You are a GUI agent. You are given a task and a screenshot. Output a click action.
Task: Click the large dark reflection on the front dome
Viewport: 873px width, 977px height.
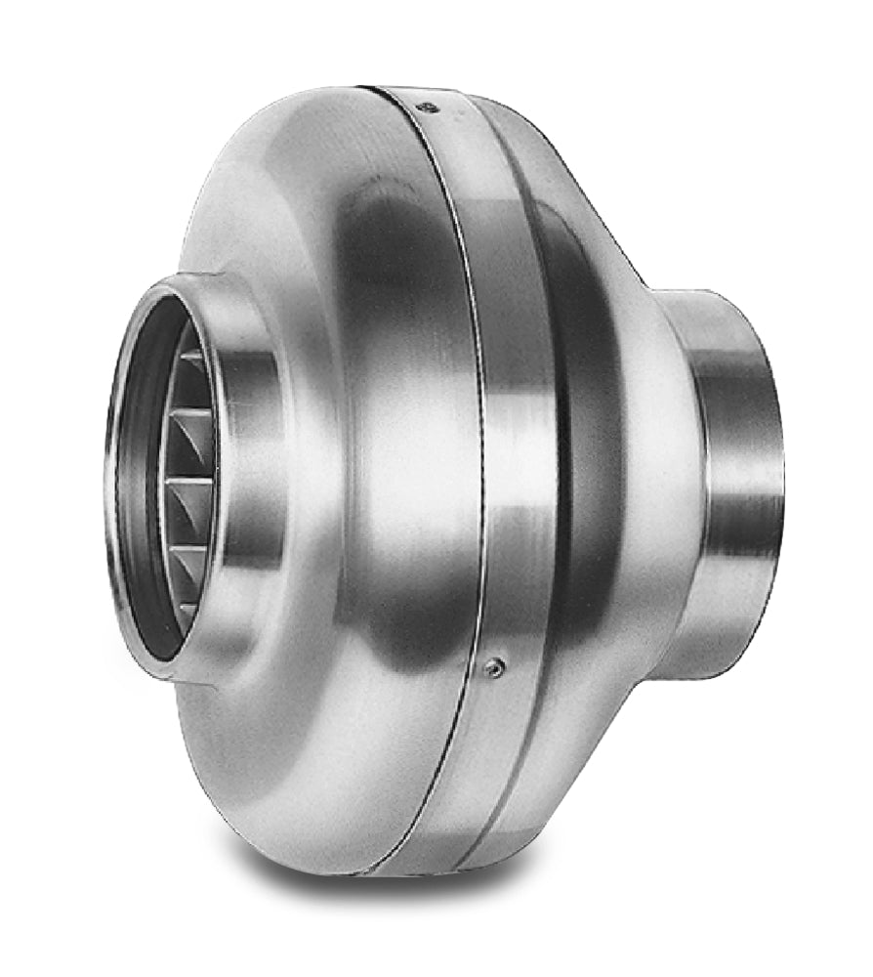click(391, 293)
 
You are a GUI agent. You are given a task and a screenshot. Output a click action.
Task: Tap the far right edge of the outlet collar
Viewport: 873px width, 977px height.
click(780, 479)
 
